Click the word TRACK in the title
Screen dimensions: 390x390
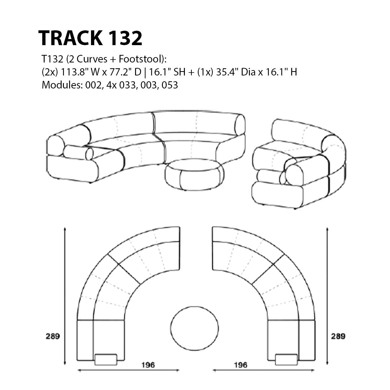(x=70, y=38)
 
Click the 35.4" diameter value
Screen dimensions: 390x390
(x=227, y=72)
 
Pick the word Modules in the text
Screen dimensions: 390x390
(x=62, y=85)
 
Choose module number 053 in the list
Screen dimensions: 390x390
(x=170, y=85)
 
